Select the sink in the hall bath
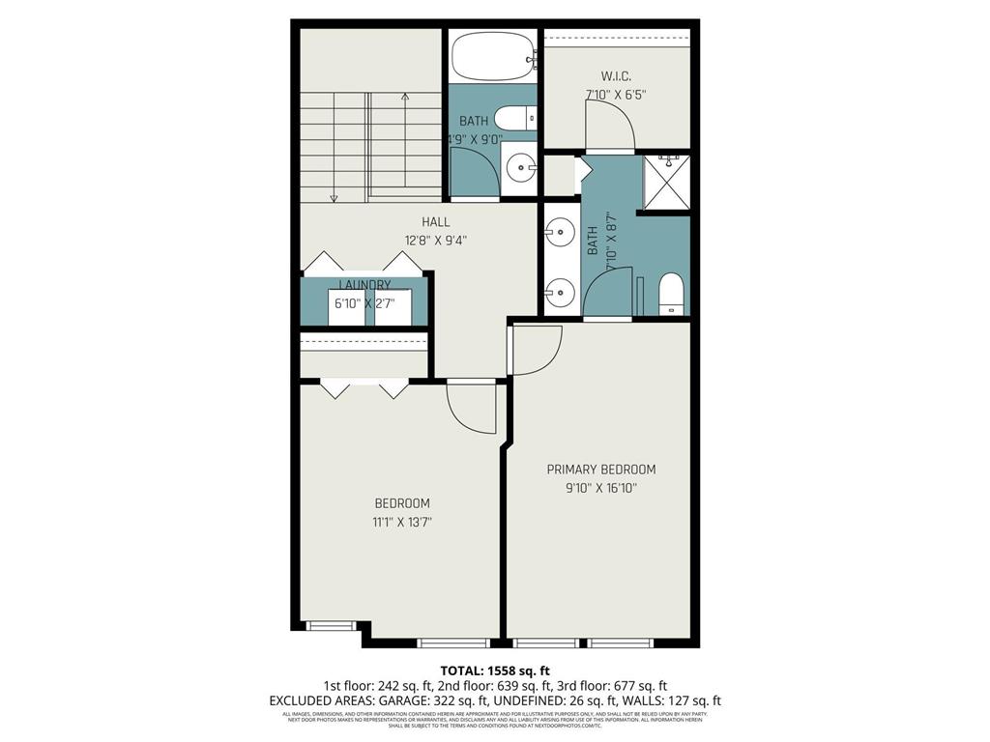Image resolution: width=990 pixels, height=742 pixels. coord(522,167)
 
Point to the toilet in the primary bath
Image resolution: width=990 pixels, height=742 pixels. coord(671,294)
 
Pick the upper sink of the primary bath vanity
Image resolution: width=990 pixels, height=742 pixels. coord(559,232)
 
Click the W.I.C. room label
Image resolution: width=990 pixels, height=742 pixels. coord(616,75)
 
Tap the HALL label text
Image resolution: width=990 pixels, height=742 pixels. coord(435,221)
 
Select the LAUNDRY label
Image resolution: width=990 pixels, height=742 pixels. coord(364,285)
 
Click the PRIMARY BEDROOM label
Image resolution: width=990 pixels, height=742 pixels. coord(600,470)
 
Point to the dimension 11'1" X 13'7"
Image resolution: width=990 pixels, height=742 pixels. coord(402,522)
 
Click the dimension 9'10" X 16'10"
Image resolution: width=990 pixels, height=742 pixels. coord(600,488)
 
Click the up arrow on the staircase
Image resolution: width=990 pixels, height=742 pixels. coord(405,97)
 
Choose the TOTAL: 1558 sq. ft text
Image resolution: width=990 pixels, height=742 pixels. coord(495,670)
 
